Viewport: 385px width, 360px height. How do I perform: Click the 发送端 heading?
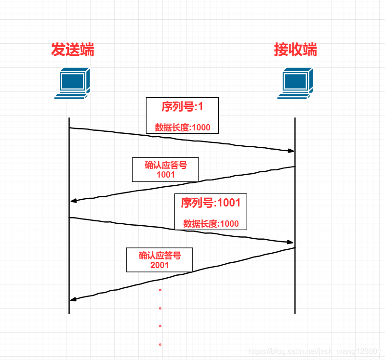(73, 50)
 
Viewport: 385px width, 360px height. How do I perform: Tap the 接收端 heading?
(295, 50)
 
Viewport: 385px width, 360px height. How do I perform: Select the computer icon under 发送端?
(72, 83)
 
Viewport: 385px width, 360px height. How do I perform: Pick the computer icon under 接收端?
(295, 83)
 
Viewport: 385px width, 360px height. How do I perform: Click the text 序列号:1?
(182, 107)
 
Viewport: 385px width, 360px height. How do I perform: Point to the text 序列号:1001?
(211, 203)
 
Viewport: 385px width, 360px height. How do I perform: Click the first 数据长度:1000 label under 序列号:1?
(183, 128)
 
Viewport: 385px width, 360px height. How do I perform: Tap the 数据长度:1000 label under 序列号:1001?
(211, 224)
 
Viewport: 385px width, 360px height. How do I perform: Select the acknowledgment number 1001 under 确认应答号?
(166, 175)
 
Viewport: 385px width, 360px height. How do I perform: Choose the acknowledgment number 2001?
(159, 265)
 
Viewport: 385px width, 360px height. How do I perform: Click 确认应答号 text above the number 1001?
(166, 165)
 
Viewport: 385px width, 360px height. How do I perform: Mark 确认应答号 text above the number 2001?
(159, 256)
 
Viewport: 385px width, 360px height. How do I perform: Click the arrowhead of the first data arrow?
(291, 151)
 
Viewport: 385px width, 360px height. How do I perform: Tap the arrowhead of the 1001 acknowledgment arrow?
(73, 201)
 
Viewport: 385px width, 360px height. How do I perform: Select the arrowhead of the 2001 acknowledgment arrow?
(73, 300)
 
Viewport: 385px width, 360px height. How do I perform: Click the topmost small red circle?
(160, 290)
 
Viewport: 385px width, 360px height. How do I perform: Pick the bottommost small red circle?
(160, 345)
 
